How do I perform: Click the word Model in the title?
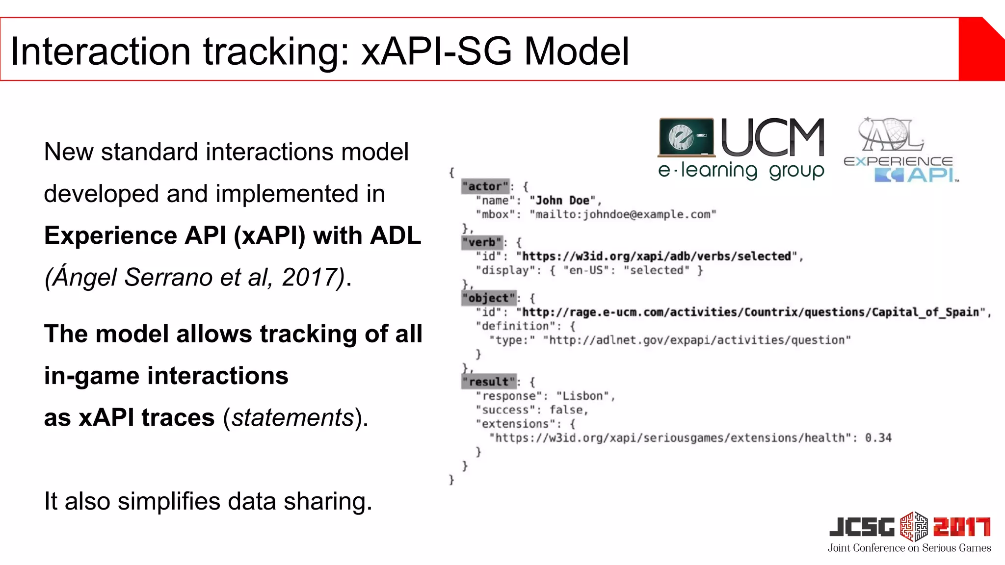(577, 51)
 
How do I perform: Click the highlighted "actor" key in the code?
(485, 186)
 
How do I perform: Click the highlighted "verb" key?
(482, 242)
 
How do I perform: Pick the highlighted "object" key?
(489, 298)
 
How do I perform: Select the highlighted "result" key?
(489, 382)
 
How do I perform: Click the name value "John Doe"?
(562, 201)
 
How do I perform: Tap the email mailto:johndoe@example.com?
(623, 214)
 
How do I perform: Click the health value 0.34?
(878, 437)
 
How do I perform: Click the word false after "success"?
(566, 410)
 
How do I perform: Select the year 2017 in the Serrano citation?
(309, 278)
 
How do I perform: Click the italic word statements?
(293, 418)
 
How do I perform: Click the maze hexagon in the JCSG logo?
(914, 526)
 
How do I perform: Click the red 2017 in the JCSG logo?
(962, 527)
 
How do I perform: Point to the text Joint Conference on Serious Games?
(909, 548)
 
